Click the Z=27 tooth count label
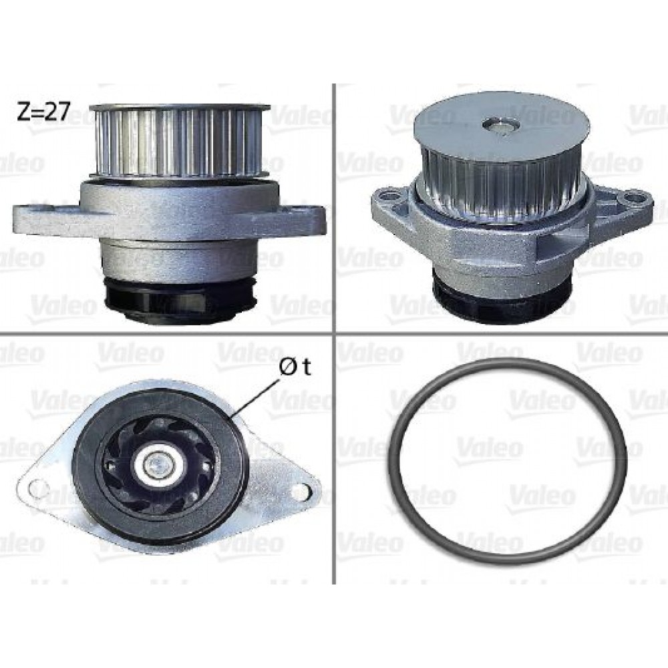[43, 112]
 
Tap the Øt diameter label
[295, 367]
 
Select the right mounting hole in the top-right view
[633, 198]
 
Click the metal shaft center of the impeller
[158, 462]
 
